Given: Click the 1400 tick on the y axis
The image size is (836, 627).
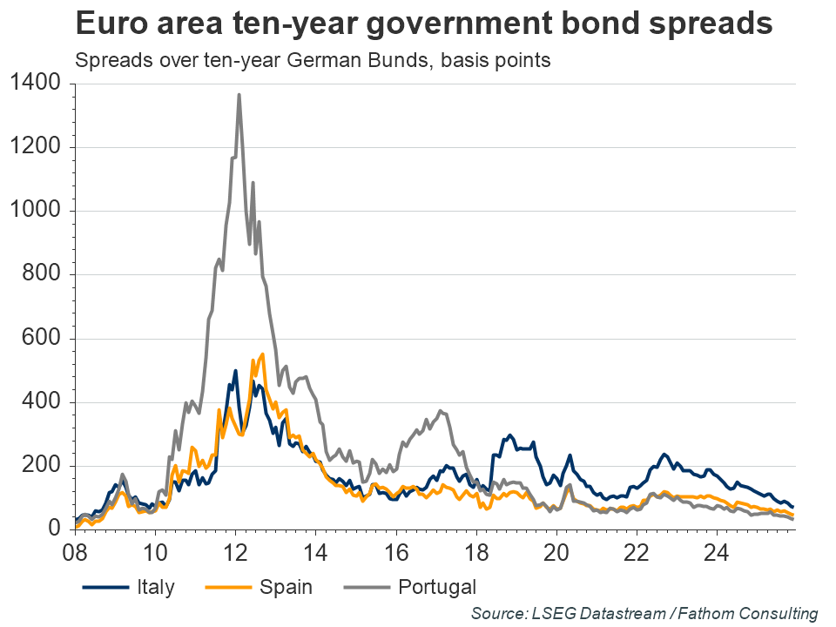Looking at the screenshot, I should point(35,84).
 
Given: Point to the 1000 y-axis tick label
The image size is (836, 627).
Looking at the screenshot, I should point(35,211).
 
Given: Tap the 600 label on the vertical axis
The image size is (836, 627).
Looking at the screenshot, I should point(42,339).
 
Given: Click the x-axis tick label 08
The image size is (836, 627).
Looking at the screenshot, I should point(76,553).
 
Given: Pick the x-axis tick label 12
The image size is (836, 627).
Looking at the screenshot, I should point(236,553).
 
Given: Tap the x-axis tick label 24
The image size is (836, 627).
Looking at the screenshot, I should point(717,553).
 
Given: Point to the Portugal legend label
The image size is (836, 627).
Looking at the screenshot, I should point(438,587).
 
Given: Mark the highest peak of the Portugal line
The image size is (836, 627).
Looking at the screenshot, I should point(239,95).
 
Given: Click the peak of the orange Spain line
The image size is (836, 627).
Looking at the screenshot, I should point(263,354).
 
